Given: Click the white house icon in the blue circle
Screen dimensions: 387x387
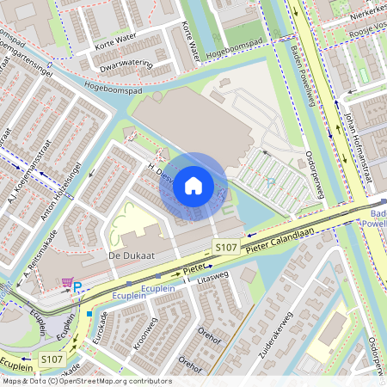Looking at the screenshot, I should (193, 186).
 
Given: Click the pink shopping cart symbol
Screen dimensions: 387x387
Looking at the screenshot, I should (67, 283).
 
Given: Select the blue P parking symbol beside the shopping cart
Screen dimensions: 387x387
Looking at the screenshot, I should (77, 287).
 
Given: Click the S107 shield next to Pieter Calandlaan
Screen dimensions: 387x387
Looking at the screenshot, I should (225, 248).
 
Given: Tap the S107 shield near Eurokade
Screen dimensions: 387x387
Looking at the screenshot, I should (51, 358).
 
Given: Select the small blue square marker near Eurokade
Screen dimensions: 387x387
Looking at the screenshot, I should (89, 314).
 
